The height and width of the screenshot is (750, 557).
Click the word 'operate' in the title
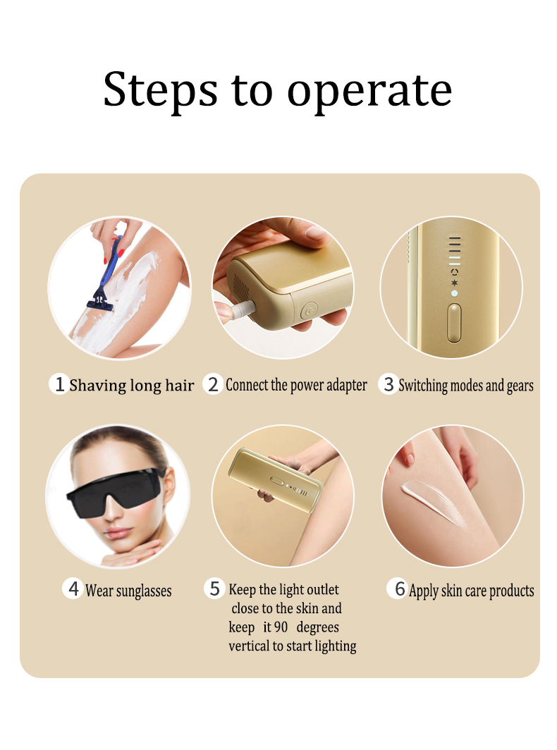(369, 92)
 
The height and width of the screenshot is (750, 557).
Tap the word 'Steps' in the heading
(160, 90)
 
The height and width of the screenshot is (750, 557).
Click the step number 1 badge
(59, 383)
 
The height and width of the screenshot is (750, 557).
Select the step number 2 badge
(213, 384)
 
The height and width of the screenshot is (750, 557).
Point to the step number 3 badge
(388, 384)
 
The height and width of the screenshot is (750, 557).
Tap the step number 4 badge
(73, 589)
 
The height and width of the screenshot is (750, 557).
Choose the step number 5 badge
(214, 589)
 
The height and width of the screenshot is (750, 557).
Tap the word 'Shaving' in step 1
(98, 386)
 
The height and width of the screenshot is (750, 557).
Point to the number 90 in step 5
(281, 627)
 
